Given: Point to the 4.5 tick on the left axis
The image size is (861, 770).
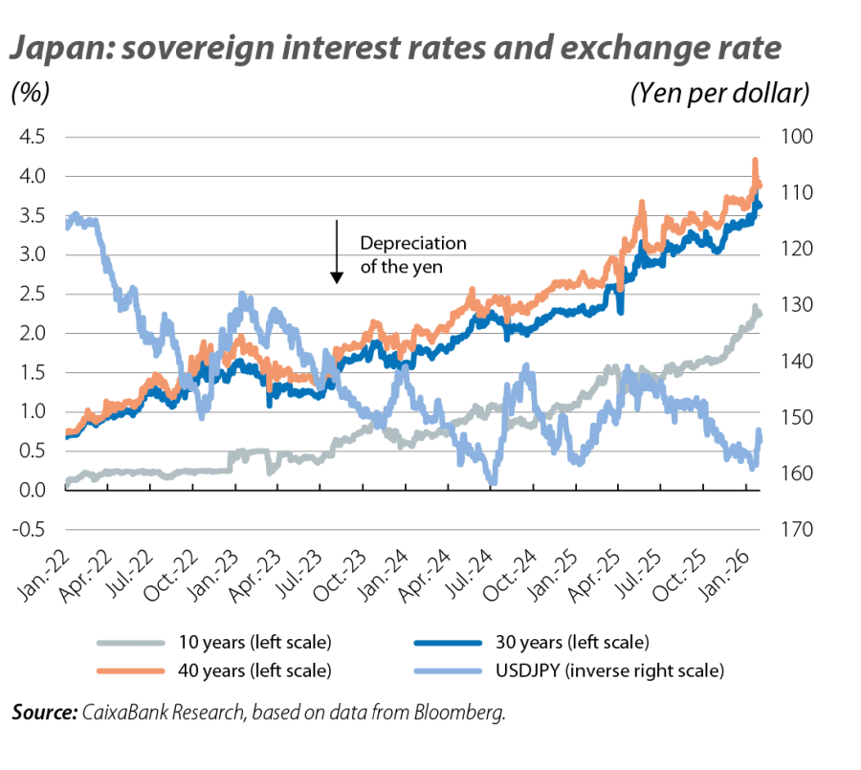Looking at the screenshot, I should pyautogui.click(x=31, y=137).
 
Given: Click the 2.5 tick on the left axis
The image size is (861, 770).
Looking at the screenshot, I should pyautogui.click(x=31, y=295).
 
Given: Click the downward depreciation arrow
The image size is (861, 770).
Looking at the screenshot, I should pyautogui.click(x=337, y=252).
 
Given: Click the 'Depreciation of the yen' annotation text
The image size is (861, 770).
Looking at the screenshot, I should pyautogui.click(x=412, y=255).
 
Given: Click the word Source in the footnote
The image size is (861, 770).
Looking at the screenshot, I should pyautogui.click(x=41, y=713).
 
